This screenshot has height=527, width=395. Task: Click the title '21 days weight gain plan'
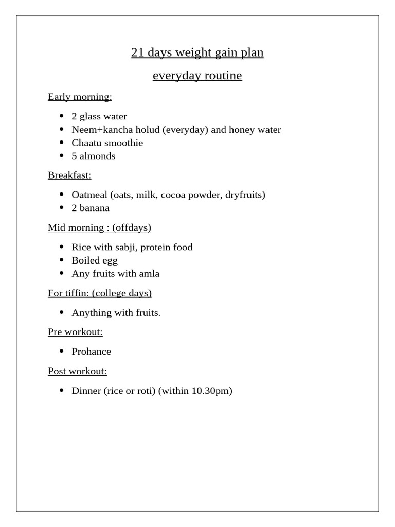tap(197, 53)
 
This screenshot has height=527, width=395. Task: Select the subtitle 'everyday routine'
tap(197, 76)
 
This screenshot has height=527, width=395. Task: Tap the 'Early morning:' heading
tap(80, 97)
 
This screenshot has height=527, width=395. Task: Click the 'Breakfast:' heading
tap(69, 175)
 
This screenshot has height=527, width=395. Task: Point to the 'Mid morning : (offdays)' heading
tap(99, 227)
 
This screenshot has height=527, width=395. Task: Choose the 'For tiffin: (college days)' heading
tap(100, 293)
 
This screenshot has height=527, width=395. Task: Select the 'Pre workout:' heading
tap(75, 332)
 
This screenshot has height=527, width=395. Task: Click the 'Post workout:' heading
tap(77, 371)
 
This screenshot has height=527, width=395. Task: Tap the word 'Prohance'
tap(91, 352)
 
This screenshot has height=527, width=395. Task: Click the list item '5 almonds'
tap(93, 156)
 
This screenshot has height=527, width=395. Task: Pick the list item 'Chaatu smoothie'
tap(107, 143)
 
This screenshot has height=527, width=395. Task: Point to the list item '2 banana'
tap(91, 208)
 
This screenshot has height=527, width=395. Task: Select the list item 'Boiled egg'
tap(95, 260)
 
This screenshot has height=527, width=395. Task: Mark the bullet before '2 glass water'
tap(62, 117)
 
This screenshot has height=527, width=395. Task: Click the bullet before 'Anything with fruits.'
tap(62, 313)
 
